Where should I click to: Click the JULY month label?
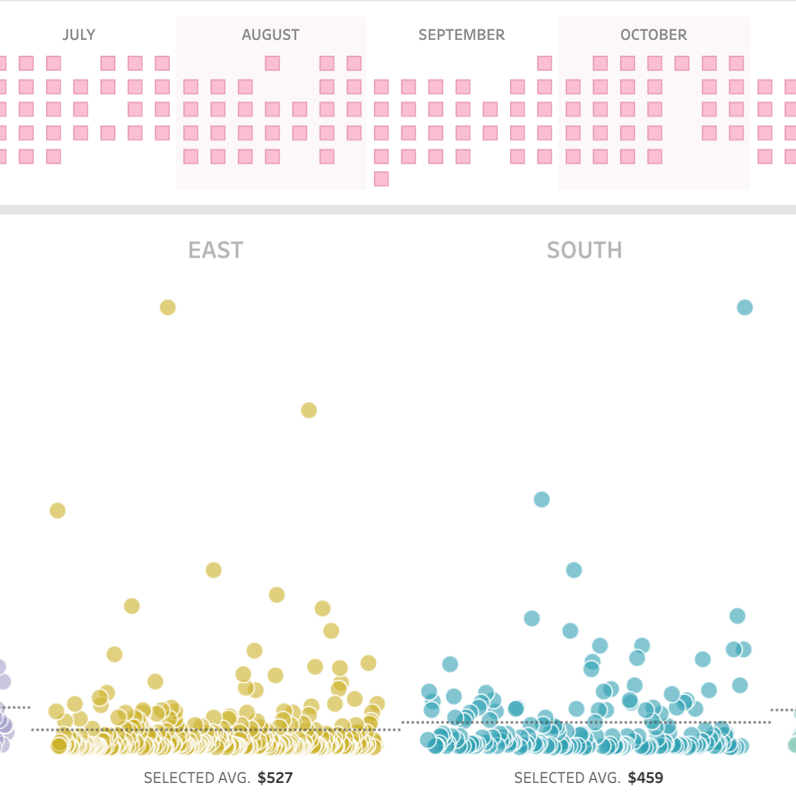79,35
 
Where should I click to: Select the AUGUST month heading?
271,35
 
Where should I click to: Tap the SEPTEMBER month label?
461,35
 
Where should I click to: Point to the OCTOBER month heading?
653,35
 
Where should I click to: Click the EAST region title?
216,250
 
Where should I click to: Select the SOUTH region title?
584,250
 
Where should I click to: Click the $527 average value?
275,778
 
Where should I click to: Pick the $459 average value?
645,778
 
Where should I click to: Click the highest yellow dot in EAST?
168,307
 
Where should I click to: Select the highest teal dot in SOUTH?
744,307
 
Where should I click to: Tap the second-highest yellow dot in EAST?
309,410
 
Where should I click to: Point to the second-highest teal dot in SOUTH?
542,500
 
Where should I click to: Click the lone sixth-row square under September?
382,179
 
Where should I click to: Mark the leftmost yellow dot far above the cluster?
58,511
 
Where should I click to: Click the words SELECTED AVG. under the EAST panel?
197,778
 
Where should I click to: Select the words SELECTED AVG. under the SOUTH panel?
567,778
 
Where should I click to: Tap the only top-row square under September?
544,63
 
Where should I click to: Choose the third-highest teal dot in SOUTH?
574,570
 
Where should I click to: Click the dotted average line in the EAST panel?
41,729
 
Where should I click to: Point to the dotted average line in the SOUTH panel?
412,722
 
